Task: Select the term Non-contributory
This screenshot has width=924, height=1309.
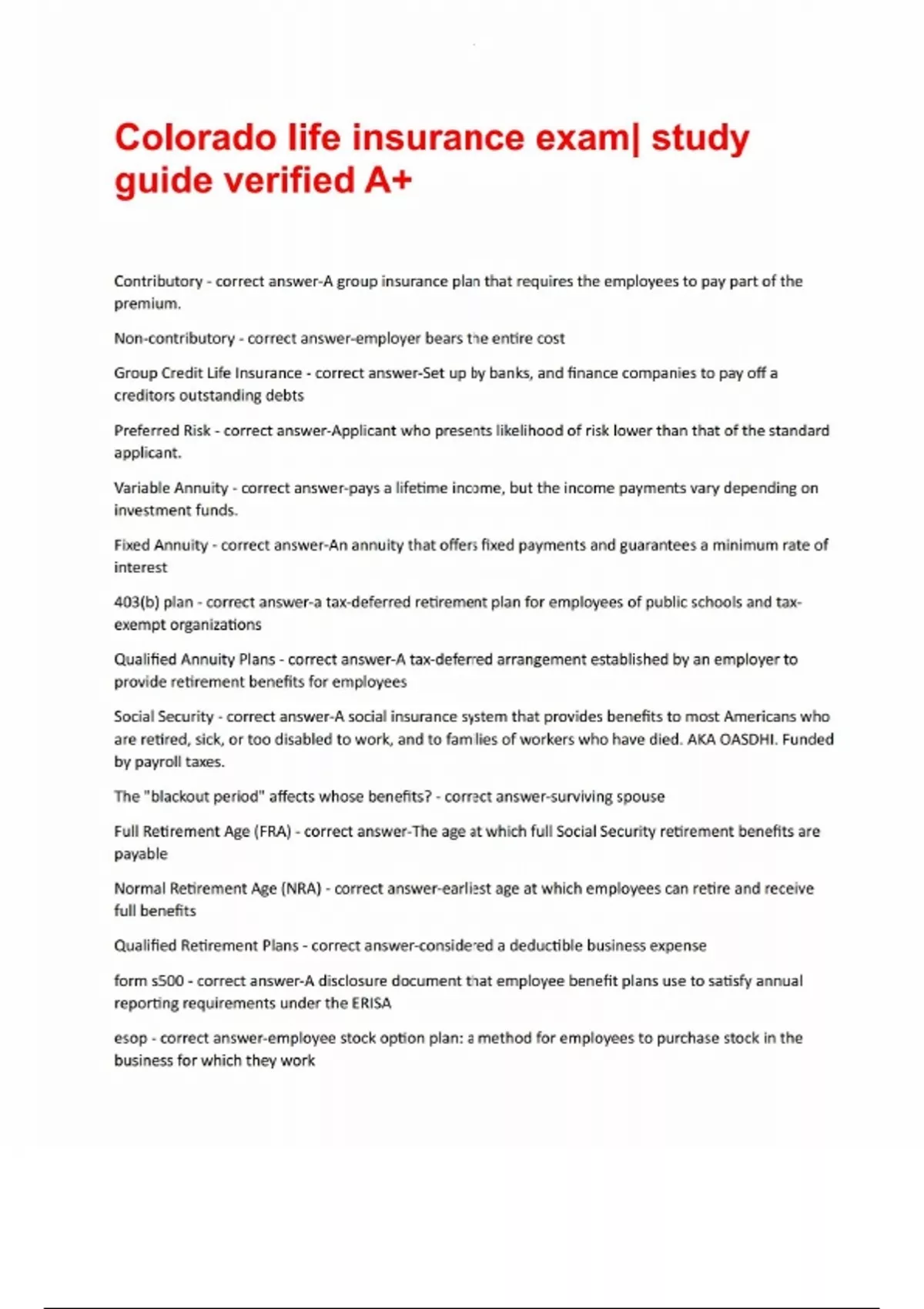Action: [x=174, y=338]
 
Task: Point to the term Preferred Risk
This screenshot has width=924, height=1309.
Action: [x=162, y=430]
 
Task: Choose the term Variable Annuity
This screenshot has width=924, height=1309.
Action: [x=171, y=488]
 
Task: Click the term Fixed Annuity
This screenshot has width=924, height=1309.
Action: [x=160, y=545]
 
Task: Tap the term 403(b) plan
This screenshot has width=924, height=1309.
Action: [x=153, y=602]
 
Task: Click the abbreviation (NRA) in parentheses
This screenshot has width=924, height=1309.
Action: [x=300, y=889]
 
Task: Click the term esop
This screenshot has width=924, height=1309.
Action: [x=130, y=1038]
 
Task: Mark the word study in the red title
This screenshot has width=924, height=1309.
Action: [x=700, y=139]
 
